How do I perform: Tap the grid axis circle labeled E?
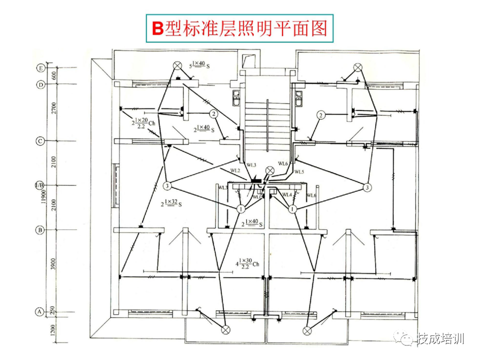[41, 67]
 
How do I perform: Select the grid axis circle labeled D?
[41, 84]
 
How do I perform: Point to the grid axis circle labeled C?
[41, 141]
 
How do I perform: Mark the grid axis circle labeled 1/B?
[40, 186]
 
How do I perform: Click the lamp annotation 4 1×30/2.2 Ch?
[248, 263]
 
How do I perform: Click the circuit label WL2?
[235, 171]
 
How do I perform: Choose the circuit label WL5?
[299, 172]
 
